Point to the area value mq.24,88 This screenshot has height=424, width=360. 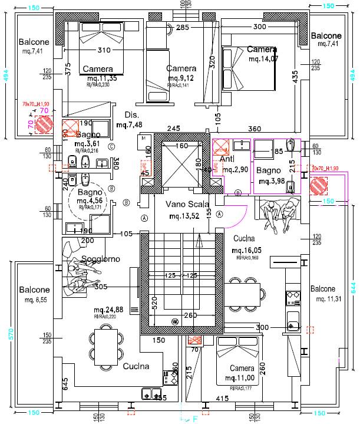coord(109,310)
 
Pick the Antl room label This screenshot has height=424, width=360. coord(228,159)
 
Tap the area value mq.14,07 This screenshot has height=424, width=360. coord(263,59)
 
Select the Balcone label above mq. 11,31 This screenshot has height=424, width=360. coord(322,289)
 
